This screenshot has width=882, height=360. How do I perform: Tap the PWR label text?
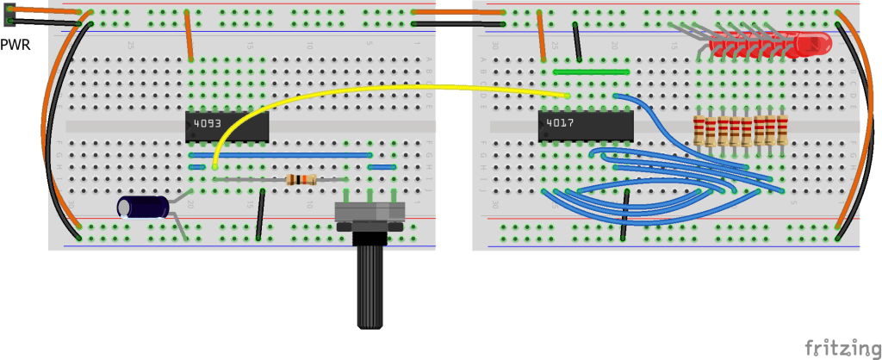point(15,44)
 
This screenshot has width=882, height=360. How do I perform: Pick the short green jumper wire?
point(593,71)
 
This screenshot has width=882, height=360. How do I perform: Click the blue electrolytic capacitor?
point(143,207)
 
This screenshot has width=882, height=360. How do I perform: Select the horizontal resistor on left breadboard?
point(300,179)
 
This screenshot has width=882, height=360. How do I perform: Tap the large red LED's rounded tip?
point(818,43)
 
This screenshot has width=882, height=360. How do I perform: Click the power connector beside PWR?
point(9,16)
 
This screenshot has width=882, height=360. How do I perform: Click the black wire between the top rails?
point(457,24)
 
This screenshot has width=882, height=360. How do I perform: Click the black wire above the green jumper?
point(581,42)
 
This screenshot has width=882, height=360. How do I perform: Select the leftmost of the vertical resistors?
point(699,131)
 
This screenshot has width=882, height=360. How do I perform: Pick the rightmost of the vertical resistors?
point(782,131)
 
